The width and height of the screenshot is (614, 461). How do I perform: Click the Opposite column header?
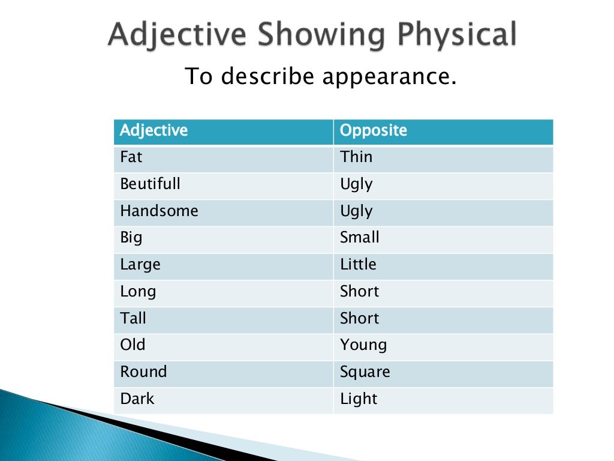tap(374, 130)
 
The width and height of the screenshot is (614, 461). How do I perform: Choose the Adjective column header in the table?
tap(153, 130)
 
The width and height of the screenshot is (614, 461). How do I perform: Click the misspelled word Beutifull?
tap(150, 184)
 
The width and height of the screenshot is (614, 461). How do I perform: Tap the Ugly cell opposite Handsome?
tap(356, 211)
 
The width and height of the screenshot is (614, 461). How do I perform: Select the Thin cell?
tap(356, 157)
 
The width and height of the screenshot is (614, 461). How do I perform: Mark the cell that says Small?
tap(360, 238)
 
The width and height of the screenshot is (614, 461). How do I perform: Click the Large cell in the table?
tap(140, 265)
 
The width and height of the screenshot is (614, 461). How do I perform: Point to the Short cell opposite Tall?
tap(360, 318)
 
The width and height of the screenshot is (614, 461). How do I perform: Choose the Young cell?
tap(363, 345)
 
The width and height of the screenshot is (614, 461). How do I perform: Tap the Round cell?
tap(143, 372)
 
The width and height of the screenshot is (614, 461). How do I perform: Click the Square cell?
tap(365, 372)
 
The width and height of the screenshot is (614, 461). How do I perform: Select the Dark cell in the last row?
tap(137, 399)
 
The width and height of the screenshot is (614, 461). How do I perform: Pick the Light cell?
tap(359, 399)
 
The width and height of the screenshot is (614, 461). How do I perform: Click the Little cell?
tap(358, 265)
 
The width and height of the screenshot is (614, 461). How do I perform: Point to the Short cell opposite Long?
tap(360, 292)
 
